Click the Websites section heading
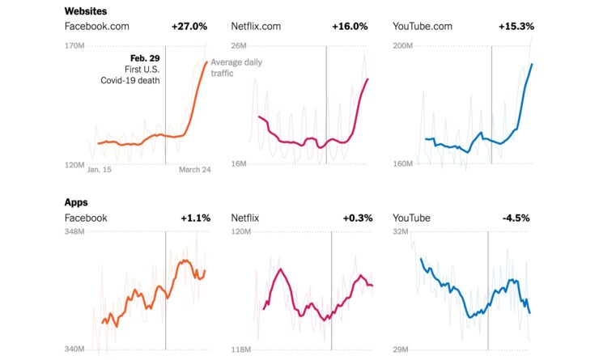[x=87, y=11]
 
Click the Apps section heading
[x=76, y=202]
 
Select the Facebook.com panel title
[x=97, y=27]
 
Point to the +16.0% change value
[x=350, y=27]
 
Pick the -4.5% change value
[x=518, y=218]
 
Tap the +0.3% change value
[x=355, y=218]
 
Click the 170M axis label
[x=74, y=46]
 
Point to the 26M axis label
[x=240, y=46]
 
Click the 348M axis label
[x=74, y=233]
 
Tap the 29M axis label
[x=402, y=349]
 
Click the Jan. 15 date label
[x=99, y=170]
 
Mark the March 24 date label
[x=194, y=170]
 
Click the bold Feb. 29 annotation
[x=145, y=58]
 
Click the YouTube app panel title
[x=411, y=218]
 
